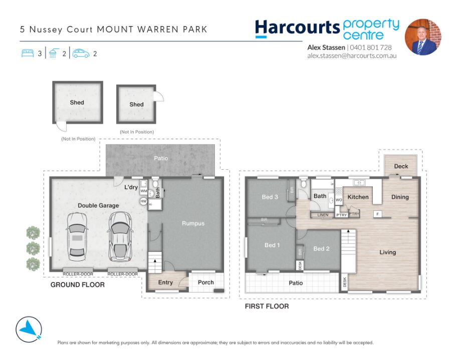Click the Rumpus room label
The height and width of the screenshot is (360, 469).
[193, 223]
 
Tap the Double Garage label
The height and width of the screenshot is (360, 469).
[98, 206]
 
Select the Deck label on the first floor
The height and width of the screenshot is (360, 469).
[401, 166]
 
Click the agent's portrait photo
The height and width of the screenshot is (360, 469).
[423, 37]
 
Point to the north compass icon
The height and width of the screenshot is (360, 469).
[29, 329]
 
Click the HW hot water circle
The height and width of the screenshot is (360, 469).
[144, 201]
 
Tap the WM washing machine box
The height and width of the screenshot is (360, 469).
[144, 191]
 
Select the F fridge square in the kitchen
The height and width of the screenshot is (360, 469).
[377, 214]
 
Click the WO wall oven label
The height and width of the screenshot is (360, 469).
[339, 200]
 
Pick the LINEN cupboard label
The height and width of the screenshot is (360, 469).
[323, 215]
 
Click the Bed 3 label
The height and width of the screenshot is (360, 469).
[270, 197]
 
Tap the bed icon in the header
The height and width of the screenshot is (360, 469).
[28, 53]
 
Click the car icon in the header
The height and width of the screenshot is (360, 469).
[81, 53]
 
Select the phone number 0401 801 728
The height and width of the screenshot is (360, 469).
[371, 47]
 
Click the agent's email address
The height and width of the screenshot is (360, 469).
[352, 56]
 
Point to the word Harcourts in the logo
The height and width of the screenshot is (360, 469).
[297, 28]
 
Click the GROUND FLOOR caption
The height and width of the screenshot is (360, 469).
[78, 285]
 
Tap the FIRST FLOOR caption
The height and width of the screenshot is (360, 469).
[267, 306]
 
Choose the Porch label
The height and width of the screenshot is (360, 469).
[206, 282]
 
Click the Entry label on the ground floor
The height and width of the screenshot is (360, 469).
[165, 282]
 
